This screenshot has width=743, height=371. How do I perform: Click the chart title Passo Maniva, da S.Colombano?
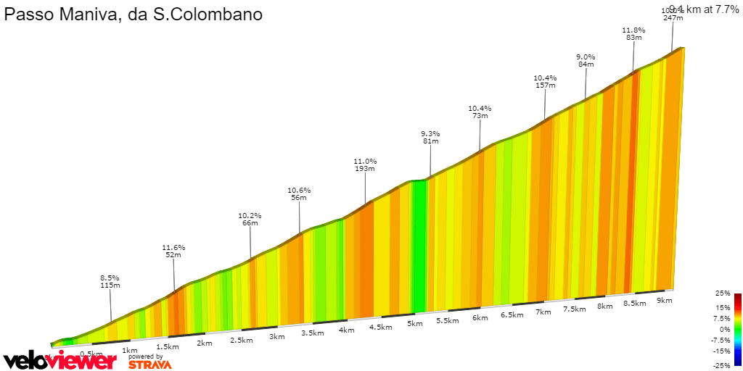(x=134, y=14)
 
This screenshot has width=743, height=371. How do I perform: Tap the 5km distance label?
(x=414, y=323)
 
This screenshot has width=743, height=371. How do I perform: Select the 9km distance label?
(x=664, y=300)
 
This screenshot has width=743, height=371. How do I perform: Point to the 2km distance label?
(x=205, y=343)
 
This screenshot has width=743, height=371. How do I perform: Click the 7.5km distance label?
(x=575, y=309)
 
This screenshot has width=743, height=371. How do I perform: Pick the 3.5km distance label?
(x=312, y=333)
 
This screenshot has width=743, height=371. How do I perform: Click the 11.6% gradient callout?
(x=173, y=248)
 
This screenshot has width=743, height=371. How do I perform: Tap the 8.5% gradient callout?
(x=110, y=278)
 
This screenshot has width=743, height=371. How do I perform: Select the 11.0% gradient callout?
(x=365, y=162)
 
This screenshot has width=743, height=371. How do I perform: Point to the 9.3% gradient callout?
(x=430, y=134)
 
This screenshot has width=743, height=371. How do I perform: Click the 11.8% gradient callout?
(x=633, y=30)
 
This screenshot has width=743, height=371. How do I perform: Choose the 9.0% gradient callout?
(x=586, y=57)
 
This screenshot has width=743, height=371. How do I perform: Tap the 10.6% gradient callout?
(x=299, y=191)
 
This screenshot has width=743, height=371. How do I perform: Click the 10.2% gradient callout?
(x=250, y=216)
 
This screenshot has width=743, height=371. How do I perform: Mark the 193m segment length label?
(x=365, y=169)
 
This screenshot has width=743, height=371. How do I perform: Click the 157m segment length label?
(x=545, y=86)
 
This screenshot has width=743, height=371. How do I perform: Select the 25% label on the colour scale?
(x=722, y=293)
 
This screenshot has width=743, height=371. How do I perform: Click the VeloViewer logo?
(x=60, y=360)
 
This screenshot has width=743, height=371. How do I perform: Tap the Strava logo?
(x=150, y=364)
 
